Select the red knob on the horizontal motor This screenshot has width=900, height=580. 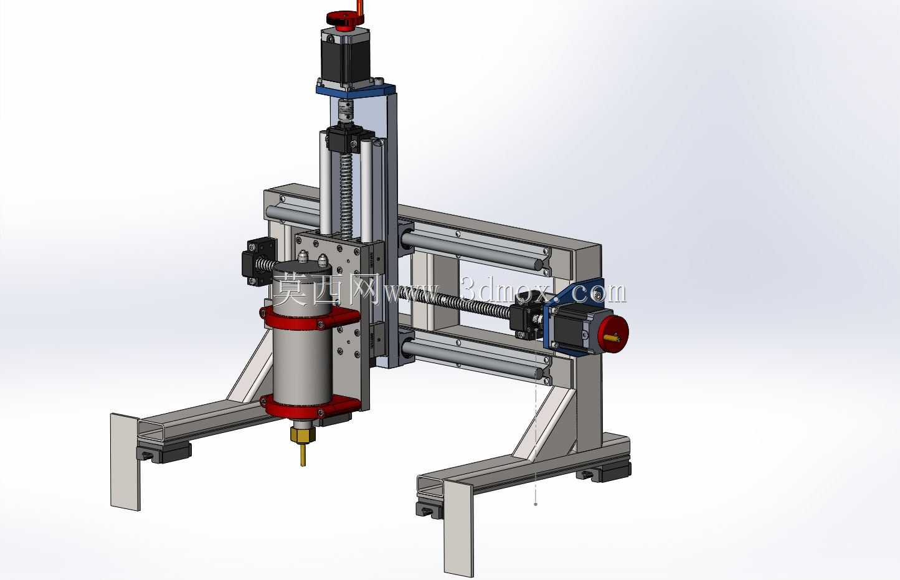(613, 334)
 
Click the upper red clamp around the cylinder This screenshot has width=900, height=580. (310, 318)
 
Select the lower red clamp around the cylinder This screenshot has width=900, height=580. (310, 406)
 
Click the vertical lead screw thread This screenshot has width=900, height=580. (346, 197)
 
